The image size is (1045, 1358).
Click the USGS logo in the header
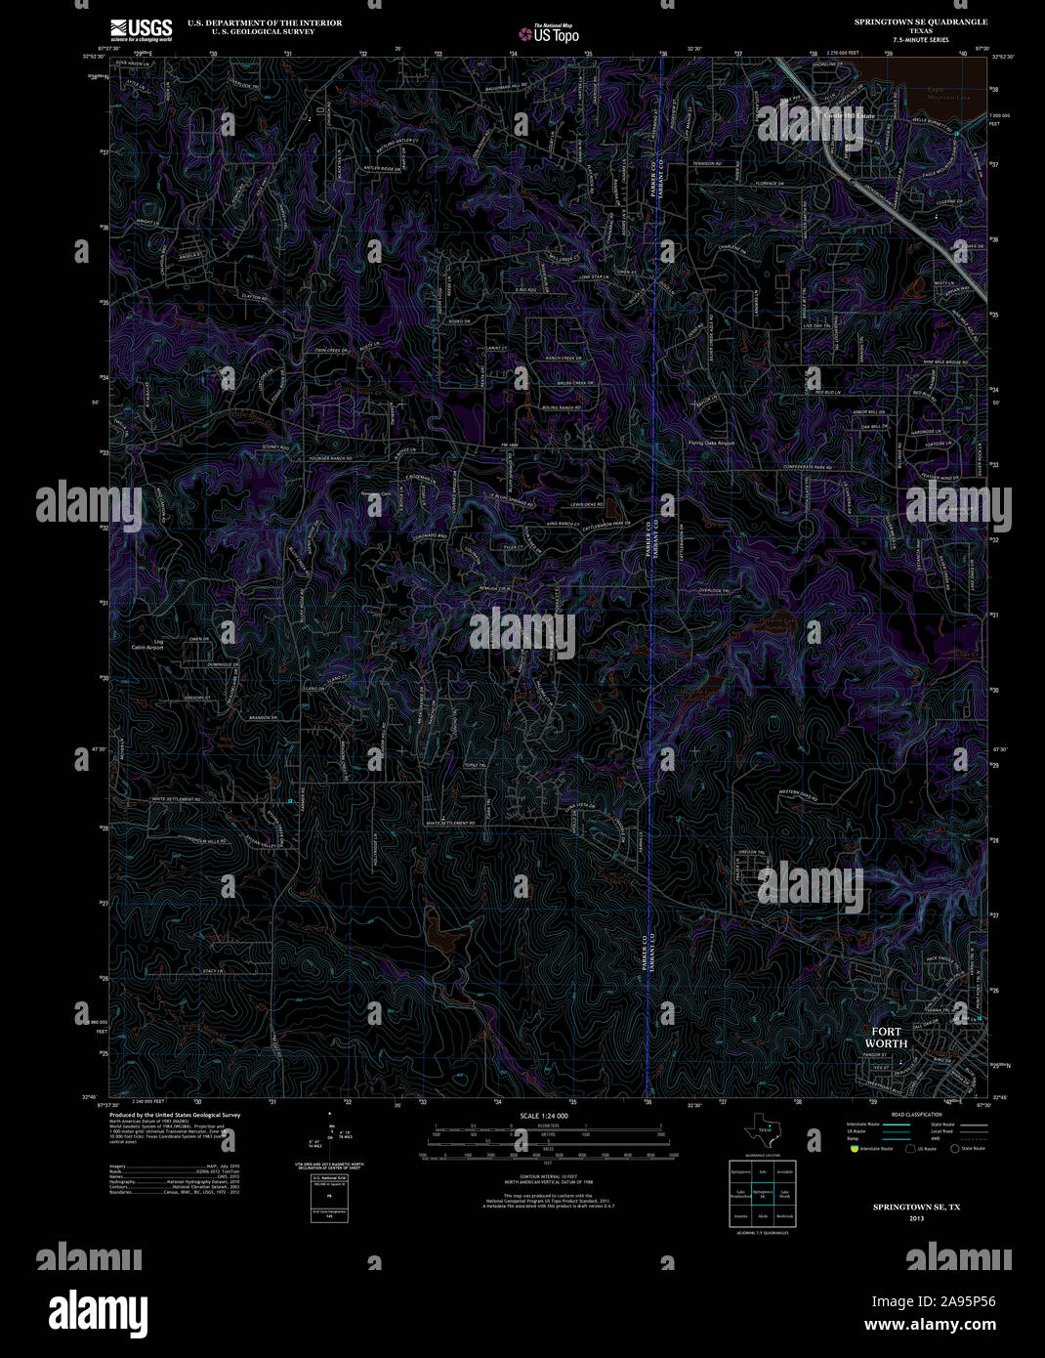pyautogui.click(x=141, y=28)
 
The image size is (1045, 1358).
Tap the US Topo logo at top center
pyautogui.click(x=548, y=33)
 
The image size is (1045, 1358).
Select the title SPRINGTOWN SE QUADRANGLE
pyautogui.click(x=920, y=21)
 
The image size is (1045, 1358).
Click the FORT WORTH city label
pyautogui.click(x=886, y=1038)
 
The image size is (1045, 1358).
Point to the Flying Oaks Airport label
pyautogui.click(x=710, y=443)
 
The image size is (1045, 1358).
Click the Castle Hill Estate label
pyautogui.click(x=849, y=115)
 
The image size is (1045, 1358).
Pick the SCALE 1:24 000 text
pyautogui.click(x=544, y=1116)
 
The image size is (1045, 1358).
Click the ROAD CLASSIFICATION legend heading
pyautogui.click(x=916, y=1115)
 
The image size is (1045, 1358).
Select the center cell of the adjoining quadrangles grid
pyautogui.click(x=762, y=1193)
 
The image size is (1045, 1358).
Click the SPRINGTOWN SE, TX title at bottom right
pyautogui.click(x=916, y=1208)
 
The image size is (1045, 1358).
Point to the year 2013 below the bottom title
pyautogui.click(x=916, y=1218)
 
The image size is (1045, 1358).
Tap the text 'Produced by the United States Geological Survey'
pyautogui.click(x=175, y=1115)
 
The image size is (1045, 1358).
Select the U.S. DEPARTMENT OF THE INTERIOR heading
pyautogui.click(x=251, y=22)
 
